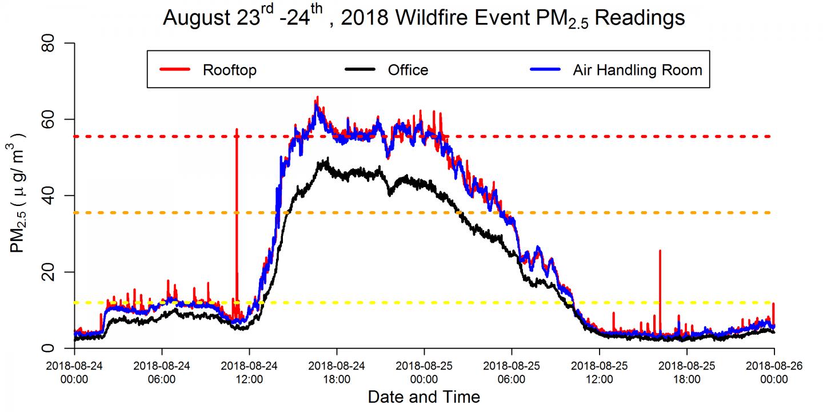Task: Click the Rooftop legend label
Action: point(230,70)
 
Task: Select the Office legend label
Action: point(408,70)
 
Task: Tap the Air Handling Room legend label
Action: point(637,70)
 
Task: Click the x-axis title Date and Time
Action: point(424,397)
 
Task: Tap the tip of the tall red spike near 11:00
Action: point(237,129)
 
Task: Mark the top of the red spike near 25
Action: point(660,251)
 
